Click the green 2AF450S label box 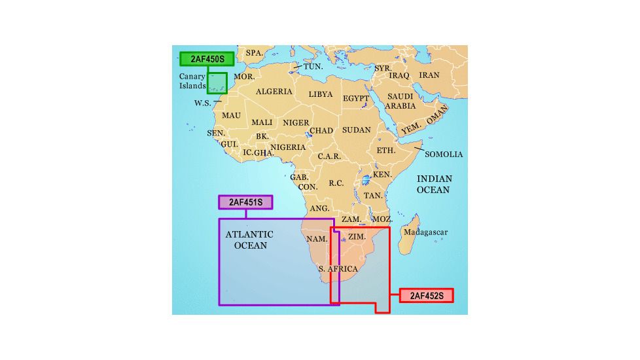[x=207, y=59]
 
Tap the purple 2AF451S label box [x=245, y=202]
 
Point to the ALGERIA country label [x=274, y=92]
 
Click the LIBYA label [x=321, y=94]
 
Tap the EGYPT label [x=356, y=98]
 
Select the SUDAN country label [x=356, y=130]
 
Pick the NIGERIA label [x=288, y=147]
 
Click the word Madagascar [x=425, y=232]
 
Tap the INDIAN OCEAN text [x=435, y=184]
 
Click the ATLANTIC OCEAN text [x=249, y=240]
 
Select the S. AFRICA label [x=338, y=269]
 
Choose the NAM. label [x=317, y=239]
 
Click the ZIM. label [x=357, y=236]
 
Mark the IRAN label [x=429, y=76]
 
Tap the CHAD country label [x=321, y=131]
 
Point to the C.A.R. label [x=329, y=157]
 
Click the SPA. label [x=254, y=53]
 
